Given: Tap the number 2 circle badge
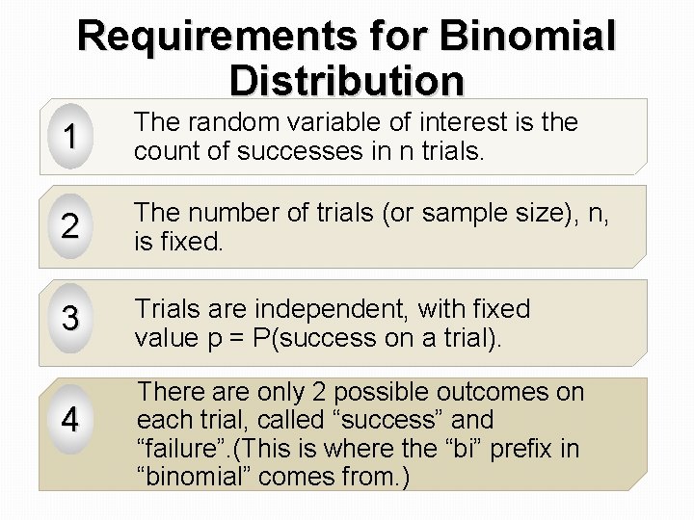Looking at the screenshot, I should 67,228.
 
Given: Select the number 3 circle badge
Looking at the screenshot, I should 67,321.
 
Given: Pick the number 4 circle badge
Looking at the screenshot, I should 67,421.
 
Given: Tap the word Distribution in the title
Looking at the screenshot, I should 348,80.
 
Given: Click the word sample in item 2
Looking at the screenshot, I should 469,214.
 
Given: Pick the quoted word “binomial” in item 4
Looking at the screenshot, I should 202,476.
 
